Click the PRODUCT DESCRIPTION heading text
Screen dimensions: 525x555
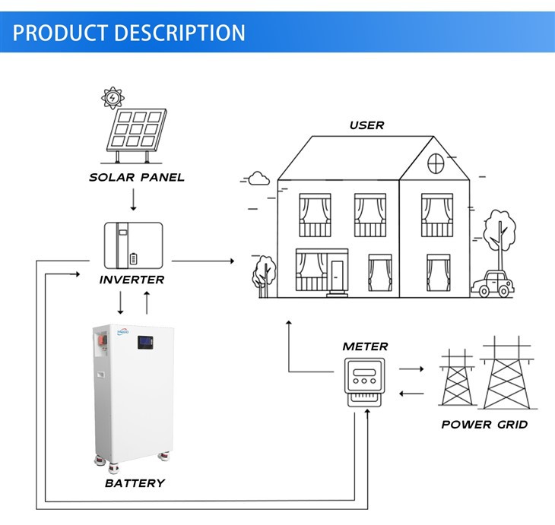[x=130, y=33]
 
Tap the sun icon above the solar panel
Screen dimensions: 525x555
[x=113, y=98]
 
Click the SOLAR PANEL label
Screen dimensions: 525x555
[x=137, y=178]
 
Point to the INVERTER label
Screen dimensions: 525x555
[x=132, y=280]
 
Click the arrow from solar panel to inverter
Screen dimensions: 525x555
[x=133, y=200]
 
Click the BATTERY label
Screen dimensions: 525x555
[x=135, y=483]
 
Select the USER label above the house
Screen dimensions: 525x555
[x=366, y=125]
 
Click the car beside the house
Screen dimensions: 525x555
[x=490, y=285]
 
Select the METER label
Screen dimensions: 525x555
[x=365, y=346]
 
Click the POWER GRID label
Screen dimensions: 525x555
[x=484, y=424]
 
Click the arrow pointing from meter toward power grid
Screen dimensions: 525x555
[x=411, y=368]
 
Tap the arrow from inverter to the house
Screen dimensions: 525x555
[x=203, y=261]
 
